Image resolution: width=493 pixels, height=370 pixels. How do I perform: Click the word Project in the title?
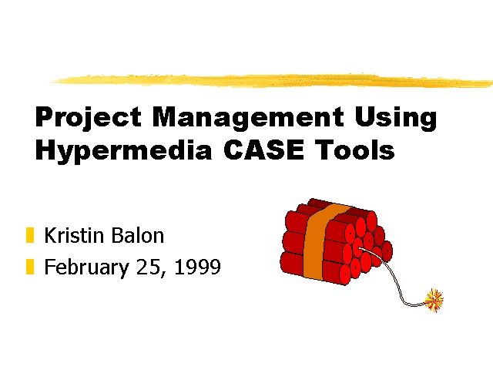click(89, 118)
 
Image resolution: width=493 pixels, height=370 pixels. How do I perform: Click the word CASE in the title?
click(263, 150)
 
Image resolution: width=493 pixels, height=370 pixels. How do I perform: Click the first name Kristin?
click(74, 235)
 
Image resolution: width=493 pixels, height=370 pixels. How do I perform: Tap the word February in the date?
click(86, 267)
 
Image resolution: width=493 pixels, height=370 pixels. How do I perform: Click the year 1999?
click(197, 267)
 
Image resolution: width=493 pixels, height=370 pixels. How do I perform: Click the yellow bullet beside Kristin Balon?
click(30, 235)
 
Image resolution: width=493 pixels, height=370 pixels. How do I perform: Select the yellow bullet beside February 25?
click(30, 267)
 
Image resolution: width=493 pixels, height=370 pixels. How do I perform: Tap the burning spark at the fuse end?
click(434, 301)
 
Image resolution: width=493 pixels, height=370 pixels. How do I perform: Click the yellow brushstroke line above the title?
click(272, 80)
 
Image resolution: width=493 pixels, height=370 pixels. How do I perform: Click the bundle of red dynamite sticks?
click(336, 241)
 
